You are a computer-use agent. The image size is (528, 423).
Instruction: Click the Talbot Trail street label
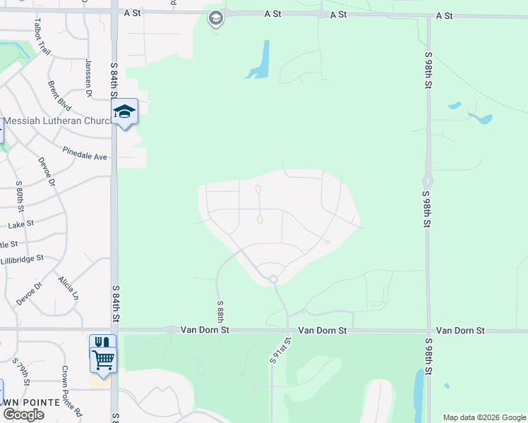tap(42, 37)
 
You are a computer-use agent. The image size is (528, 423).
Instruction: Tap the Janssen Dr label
tap(89, 78)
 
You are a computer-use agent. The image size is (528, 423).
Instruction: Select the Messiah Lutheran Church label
tap(59, 121)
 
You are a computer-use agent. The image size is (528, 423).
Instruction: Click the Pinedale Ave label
tap(84, 153)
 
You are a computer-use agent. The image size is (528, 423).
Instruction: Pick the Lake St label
tap(21, 225)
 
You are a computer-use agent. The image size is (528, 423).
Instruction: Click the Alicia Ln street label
tap(68, 288)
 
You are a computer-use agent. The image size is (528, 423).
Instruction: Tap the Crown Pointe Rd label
tap(72, 391)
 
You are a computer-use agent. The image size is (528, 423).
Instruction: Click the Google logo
tap(23, 415)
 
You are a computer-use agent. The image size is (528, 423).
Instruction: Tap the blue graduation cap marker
tap(124, 111)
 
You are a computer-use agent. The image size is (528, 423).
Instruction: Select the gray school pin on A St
tap(216, 18)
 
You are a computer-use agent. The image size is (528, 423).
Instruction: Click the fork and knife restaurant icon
tap(103, 343)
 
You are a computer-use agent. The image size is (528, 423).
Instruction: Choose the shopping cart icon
tap(103, 360)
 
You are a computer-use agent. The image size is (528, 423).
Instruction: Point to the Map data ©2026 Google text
tap(485, 417)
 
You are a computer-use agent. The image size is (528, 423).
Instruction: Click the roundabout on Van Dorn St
tap(171, 330)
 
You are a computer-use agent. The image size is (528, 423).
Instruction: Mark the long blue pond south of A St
tap(262, 59)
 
